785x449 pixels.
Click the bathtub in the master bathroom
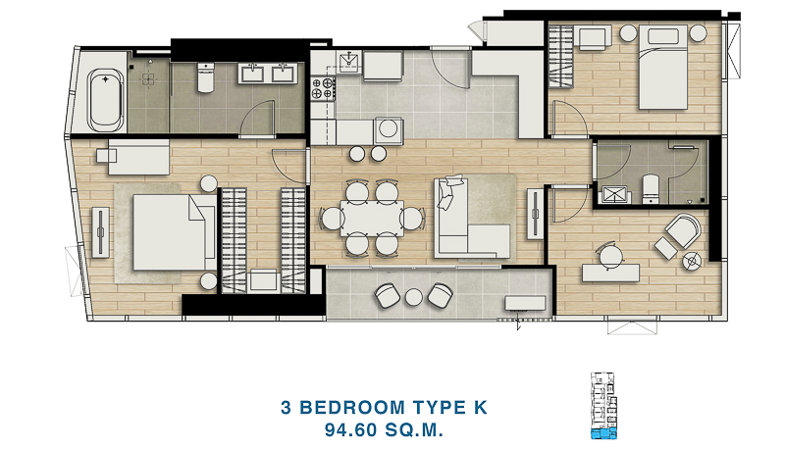tap(105, 99)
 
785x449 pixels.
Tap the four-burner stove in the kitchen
tap(323, 87)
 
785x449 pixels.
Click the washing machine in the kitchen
tap(388, 129)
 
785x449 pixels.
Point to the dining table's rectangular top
tap(372, 218)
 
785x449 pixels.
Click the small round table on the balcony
tap(414, 297)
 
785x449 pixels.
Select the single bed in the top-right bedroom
tap(663, 68)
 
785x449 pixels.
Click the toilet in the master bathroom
tap(206, 77)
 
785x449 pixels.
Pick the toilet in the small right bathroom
tap(651, 188)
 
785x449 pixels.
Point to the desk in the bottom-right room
tap(610, 273)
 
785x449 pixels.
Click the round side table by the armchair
tap(692, 262)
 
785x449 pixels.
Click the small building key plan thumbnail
tap(603, 406)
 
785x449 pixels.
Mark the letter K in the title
tap(480, 408)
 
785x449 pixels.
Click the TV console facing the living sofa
tap(535, 214)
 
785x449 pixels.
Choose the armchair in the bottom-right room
tap(682, 230)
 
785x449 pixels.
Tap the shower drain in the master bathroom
tap(148, 79)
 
